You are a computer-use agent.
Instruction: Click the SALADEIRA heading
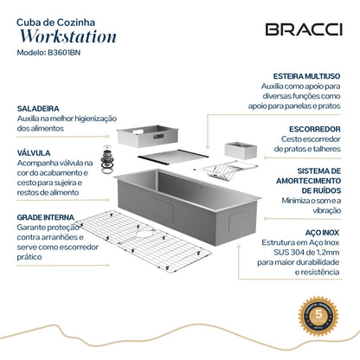(37, 110)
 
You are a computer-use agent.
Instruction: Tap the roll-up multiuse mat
(173, 158)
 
